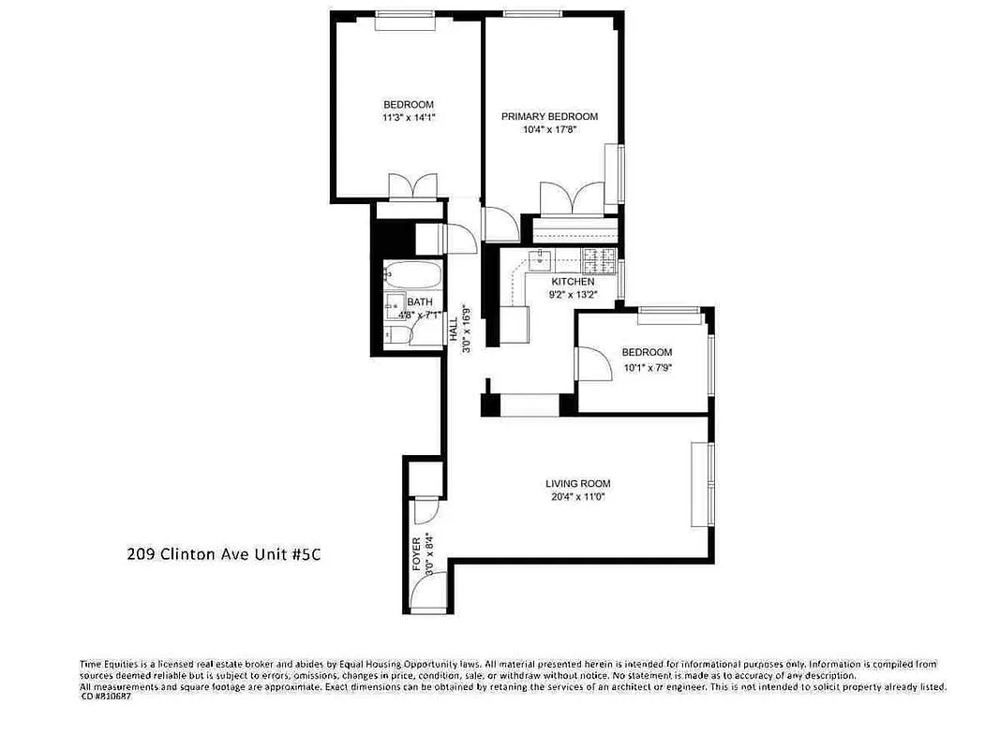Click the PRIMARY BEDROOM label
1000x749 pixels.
549,116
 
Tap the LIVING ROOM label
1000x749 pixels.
578,484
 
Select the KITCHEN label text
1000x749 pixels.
573,282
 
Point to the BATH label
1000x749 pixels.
419,302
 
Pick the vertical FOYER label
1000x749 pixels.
417,554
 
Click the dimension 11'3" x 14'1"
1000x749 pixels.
409,118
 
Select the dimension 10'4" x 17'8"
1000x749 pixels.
549,130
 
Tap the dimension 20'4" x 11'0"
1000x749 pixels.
578,497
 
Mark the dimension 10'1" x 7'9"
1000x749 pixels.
648,367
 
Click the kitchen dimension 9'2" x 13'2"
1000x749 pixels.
573,294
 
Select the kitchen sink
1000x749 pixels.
541,258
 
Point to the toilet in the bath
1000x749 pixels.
394,335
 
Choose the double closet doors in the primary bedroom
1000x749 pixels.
571,198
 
